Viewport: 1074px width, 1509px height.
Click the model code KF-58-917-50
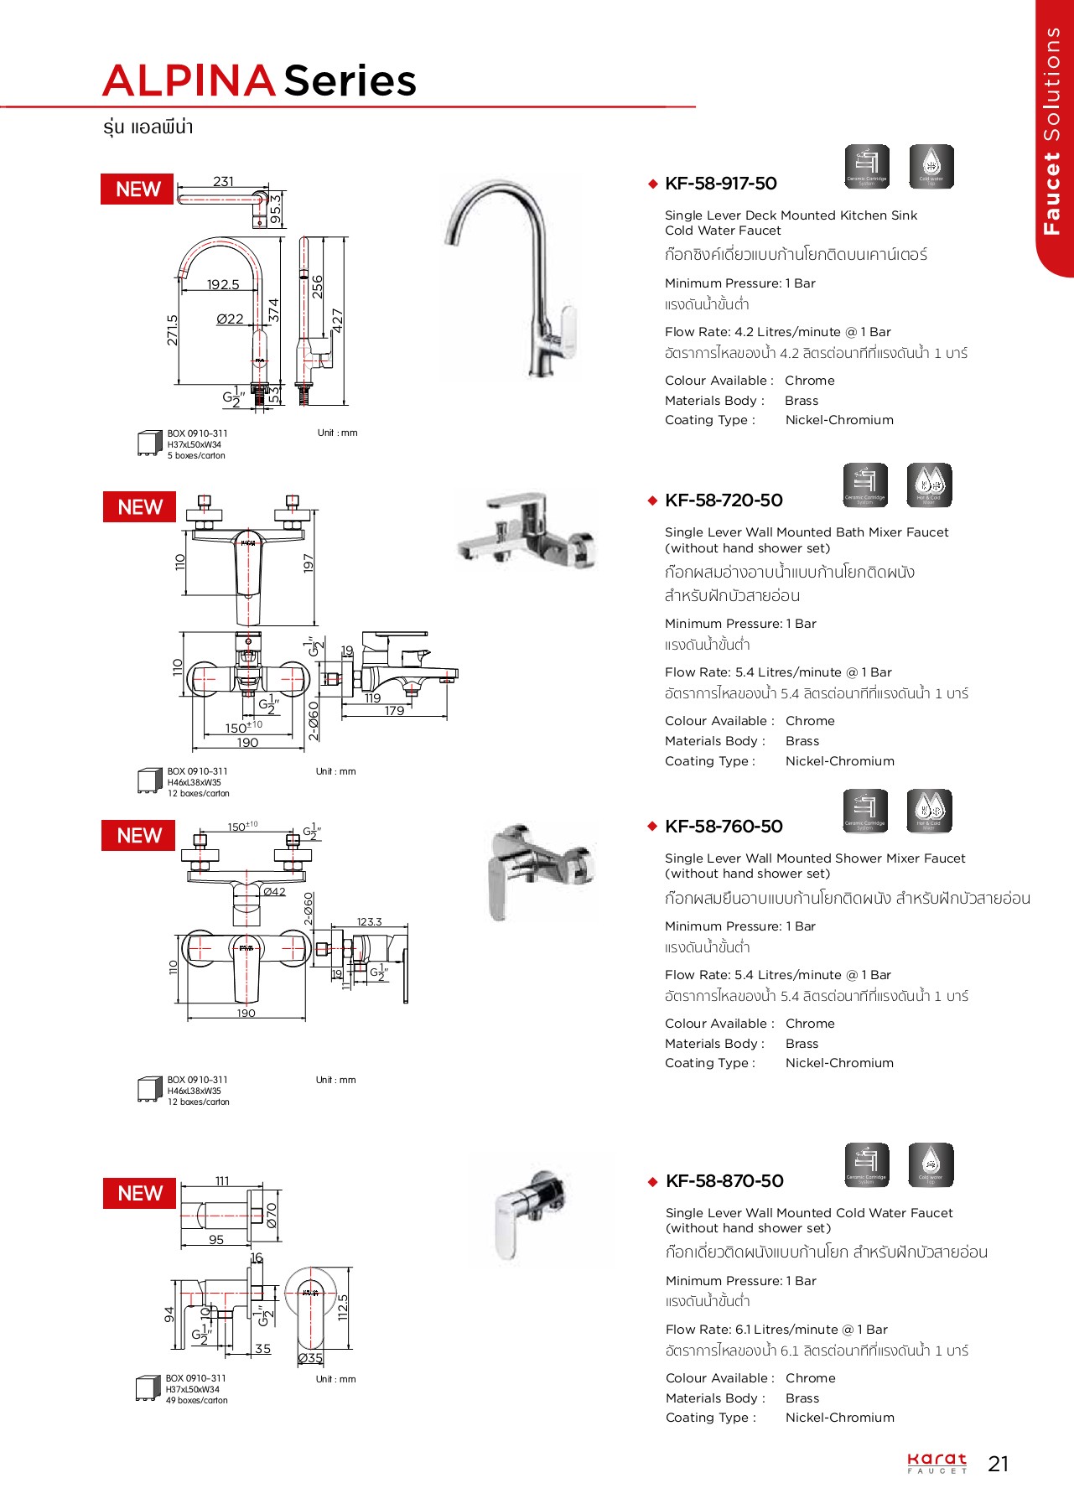click(x=720, y=184)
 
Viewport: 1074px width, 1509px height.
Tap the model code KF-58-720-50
click(x=724, y=500)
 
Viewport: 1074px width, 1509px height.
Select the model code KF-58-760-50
click(x=724, y=827)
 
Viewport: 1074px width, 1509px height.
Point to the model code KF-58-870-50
click(x=724, y=1181)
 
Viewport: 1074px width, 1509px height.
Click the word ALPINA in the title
click(x=189, y=81)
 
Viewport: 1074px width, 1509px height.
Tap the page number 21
click(x=998, y=1464)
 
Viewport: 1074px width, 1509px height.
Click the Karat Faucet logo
click(x=937, y=1463)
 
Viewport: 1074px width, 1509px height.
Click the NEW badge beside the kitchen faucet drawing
click(x=137, y=189)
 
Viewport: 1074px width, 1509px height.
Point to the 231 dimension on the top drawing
click(x=223, y=182)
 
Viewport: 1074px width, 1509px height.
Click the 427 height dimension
click(x=338, y=320)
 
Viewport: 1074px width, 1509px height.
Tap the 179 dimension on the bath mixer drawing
click(x=394, y=711)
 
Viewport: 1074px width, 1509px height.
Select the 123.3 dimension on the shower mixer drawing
click(x=369, y=922)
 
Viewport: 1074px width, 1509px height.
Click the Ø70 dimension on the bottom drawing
click(x=272, y=1216)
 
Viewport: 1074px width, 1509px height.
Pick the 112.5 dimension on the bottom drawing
click(x=342, y=1307)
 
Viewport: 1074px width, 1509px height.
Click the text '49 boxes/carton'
click(x=196, y=1400)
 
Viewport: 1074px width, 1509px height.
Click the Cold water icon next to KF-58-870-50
click(x=931, y=1164)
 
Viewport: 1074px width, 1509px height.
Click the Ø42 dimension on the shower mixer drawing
click(x=275, y=892)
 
